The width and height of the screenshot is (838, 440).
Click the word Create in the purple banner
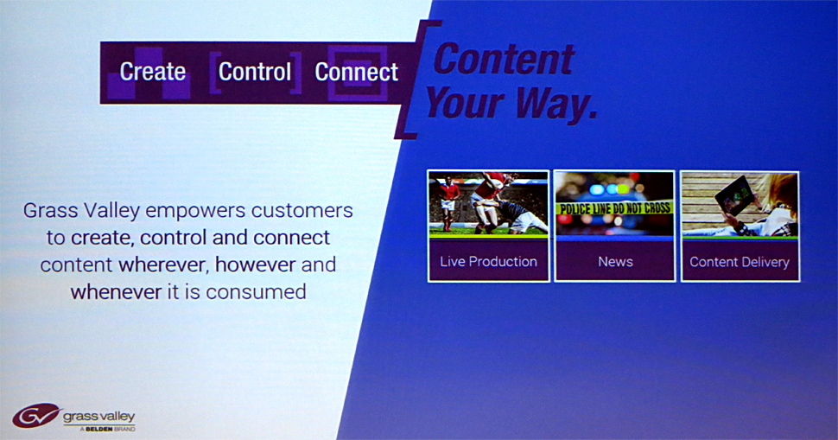click(x=152, y=72)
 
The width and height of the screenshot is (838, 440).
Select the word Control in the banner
click(x=255, y=72)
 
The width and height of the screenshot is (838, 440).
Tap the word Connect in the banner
click(x=357, y=72)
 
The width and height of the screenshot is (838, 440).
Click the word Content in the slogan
click(x=504, y=59)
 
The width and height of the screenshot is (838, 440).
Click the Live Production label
click(x=488, y=261)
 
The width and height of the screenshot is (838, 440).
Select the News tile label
click(x=615, y=261)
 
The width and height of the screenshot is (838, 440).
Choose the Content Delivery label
click(x=740, y=262)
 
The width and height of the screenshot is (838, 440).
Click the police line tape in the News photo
click(x=614, y=208)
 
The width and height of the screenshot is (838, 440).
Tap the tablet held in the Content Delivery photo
click(x=735, y=195)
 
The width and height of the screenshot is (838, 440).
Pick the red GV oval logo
click(x=35, y=416)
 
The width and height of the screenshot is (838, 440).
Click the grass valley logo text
click(x=98, y=417)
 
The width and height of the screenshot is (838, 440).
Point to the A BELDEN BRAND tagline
click(x=107, y=429)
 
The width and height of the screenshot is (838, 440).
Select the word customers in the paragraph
click(x=302, y=210)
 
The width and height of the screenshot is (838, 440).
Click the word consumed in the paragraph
click(x=256, y=292)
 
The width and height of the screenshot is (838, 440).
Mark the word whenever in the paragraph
click(x=116, y=292)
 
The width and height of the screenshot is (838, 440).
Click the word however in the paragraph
click(x=256, y=265)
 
